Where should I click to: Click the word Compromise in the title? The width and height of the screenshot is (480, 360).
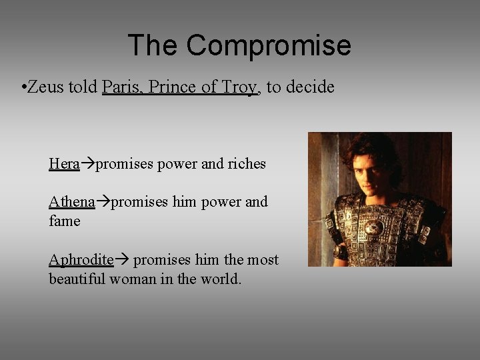coord(268,45)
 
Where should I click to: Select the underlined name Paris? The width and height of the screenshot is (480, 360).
coord(121,87)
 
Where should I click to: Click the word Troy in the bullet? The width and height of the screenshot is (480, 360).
coord(241,87)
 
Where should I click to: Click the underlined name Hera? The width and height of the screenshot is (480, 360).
coord(64,163)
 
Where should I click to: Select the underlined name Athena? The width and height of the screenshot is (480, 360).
coord(71,202)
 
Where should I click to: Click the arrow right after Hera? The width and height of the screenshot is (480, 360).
coord(87,164)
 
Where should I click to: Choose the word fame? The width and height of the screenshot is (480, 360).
coord(64,221)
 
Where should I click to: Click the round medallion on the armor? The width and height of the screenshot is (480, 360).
coord(374,227)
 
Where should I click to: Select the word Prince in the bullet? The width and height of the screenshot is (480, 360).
coord(170,87)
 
